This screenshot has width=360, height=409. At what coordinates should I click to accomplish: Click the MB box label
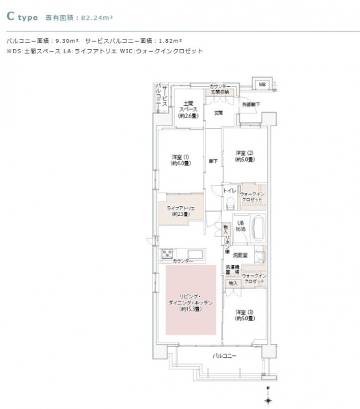point(261,83)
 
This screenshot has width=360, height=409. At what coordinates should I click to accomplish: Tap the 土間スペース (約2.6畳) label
point(189,109)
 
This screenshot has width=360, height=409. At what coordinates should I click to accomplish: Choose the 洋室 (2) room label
point(245,156)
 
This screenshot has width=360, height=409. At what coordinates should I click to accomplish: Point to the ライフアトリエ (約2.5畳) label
point(181,210)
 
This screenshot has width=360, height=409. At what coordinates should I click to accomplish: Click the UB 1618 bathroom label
point(240,227)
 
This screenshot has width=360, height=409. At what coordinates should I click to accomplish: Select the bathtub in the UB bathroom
point(260,227)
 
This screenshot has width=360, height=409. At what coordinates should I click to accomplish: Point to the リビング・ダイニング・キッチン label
point(191,301)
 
